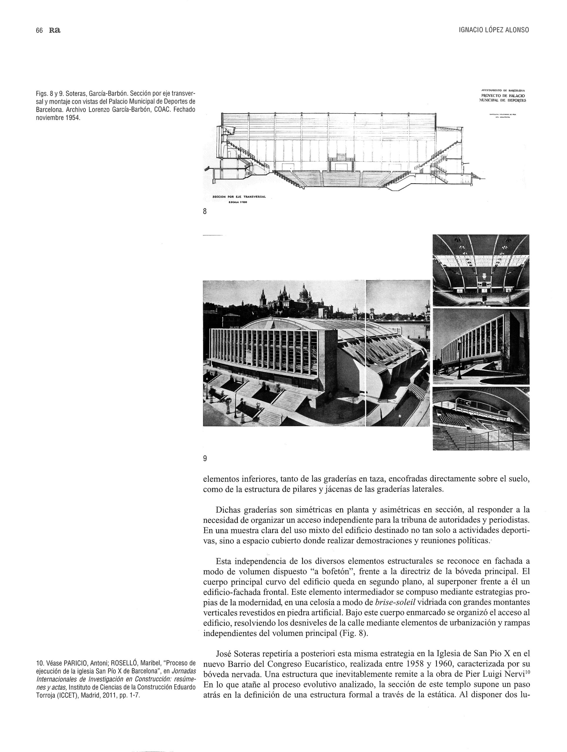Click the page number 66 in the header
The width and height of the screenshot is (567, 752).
point(39,30)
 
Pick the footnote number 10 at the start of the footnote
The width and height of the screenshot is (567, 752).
point(39,663)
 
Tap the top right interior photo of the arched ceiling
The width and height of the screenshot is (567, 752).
point(481,270)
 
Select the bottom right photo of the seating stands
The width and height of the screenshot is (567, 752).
point(481,418)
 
